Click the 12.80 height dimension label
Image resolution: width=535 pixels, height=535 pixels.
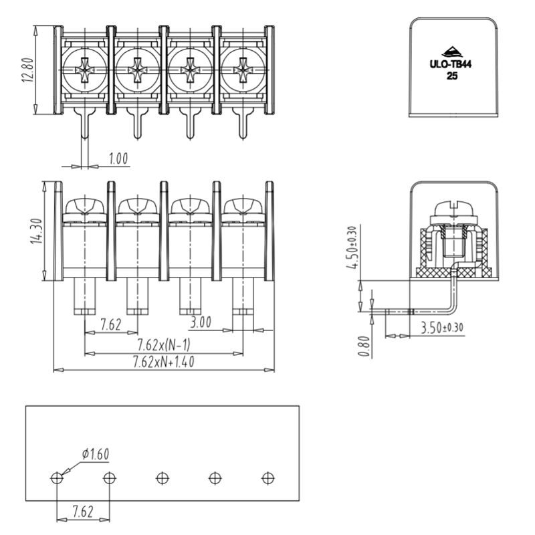point(26,68)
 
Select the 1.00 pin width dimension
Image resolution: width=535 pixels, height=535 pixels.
point(118,158)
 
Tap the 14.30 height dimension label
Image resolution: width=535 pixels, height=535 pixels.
point(36,230)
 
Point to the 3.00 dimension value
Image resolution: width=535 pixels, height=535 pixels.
point(200,324)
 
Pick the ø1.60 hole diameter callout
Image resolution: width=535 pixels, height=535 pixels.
point(96,455)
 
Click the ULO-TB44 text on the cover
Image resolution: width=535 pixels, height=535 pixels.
point(451,66)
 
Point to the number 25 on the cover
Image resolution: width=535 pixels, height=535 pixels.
point(451,76)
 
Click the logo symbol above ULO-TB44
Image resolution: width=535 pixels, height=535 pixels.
point(451,51)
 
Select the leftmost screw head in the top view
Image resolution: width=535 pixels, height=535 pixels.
point(84,68)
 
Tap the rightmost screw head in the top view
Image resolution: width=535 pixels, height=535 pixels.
point(242,68)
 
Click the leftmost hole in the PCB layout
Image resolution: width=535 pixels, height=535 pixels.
point(57,478)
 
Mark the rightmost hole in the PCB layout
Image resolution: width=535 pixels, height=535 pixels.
point(267,478)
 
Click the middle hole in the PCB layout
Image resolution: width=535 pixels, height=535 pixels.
point(162,478)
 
